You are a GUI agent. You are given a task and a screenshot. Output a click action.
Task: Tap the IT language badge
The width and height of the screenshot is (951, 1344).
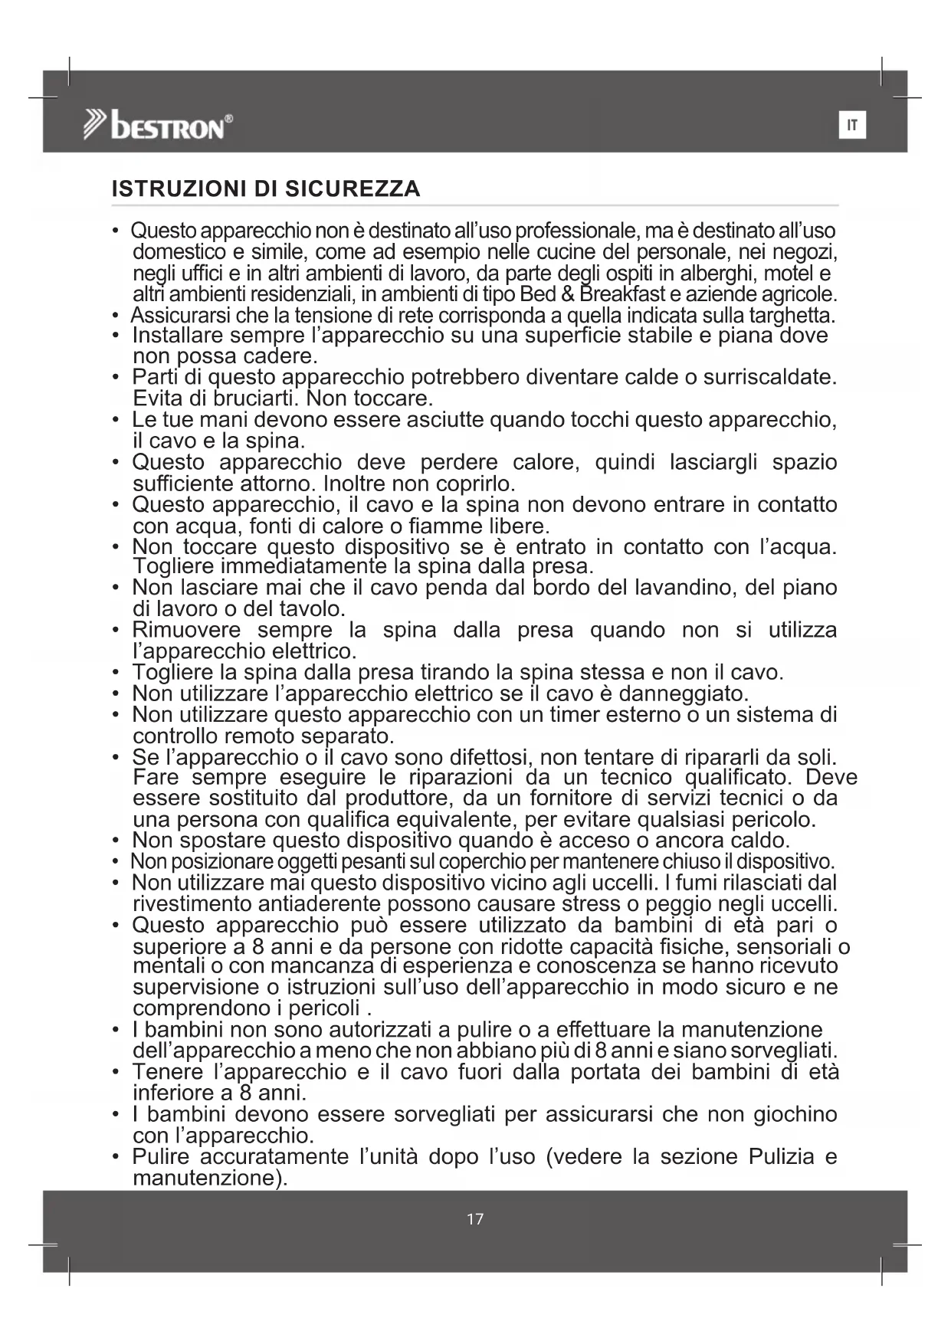click(x=852, y=125)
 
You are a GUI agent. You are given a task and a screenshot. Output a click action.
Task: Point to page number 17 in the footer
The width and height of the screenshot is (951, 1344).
click(x=475, y=1219)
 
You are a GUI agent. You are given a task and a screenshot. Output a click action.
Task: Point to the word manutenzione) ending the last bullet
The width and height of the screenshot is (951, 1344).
click(x=209, y=1178)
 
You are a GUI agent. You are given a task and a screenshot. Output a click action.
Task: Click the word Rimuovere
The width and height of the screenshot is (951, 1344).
click(x=186, y=631)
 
